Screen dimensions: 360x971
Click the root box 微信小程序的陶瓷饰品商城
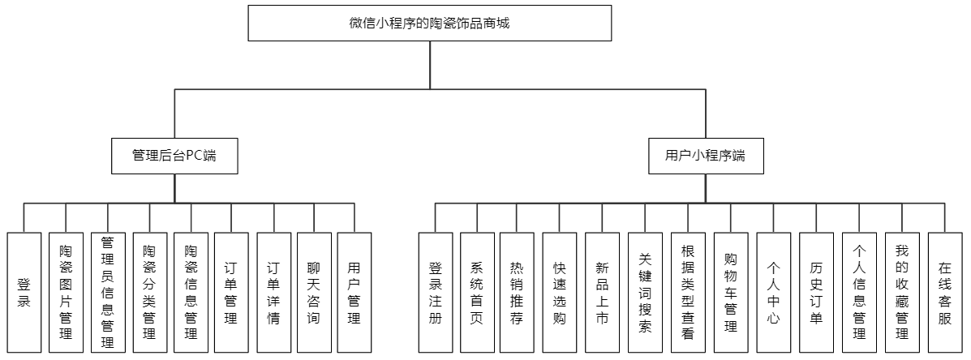429,23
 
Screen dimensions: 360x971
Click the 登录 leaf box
24,293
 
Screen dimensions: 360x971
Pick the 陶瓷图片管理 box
66,293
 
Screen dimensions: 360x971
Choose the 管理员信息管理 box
107,293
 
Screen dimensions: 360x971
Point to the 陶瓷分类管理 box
149,293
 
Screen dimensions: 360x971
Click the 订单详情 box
273,293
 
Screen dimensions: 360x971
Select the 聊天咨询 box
313,293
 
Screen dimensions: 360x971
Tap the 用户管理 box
354,293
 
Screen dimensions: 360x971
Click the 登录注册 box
436,293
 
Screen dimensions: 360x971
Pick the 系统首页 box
476,293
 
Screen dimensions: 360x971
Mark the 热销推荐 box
517,293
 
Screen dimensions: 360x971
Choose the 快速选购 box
560,293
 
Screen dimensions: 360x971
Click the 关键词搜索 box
645,293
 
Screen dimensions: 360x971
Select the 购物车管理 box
731,293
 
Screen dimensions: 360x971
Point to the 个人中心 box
773,293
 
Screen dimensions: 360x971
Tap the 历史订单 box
816,293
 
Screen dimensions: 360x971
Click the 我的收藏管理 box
902,293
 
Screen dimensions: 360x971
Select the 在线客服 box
944,293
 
